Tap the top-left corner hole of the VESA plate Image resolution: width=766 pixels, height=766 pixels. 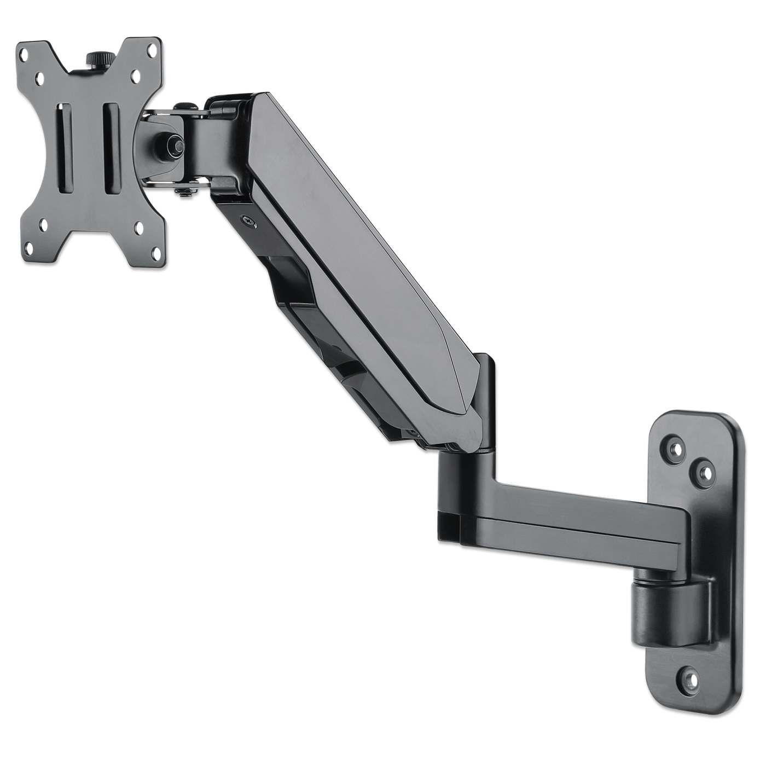tap(24, 55)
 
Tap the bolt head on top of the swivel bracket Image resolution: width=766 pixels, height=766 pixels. tap(187, 105)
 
